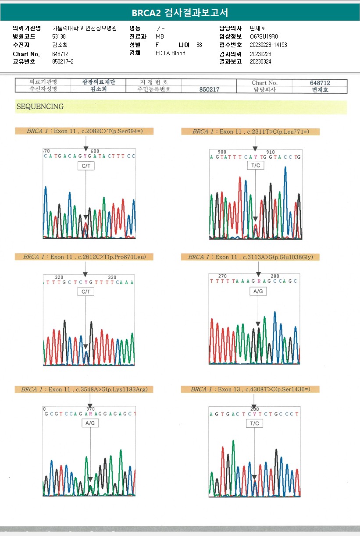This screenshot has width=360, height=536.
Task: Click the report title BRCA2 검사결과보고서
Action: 180,13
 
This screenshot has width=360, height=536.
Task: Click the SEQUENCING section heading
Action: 40,106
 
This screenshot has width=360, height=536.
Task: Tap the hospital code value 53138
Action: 59,36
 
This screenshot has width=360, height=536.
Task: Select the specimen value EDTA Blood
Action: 171,53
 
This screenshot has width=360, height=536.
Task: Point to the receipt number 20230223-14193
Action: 268,45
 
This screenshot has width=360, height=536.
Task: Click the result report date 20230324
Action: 260,61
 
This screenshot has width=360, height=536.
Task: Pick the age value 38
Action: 200,45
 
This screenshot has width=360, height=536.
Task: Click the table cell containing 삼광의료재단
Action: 99,82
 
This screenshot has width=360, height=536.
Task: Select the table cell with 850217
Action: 209,89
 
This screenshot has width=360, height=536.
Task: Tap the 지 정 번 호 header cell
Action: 153,82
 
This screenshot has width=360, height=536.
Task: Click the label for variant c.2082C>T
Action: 84,131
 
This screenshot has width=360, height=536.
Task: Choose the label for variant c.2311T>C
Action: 250,131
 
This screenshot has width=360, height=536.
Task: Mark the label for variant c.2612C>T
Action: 84,257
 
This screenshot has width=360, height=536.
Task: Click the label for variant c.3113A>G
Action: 250,257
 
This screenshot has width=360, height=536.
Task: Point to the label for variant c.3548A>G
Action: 84,389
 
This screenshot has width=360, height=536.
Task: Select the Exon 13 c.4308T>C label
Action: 250,389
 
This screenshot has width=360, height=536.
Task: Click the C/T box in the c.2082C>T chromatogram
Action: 86,166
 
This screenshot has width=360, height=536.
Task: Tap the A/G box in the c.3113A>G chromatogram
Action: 258,291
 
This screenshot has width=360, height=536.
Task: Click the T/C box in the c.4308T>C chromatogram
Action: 255,424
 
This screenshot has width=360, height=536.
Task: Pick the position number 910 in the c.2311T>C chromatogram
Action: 271,152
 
